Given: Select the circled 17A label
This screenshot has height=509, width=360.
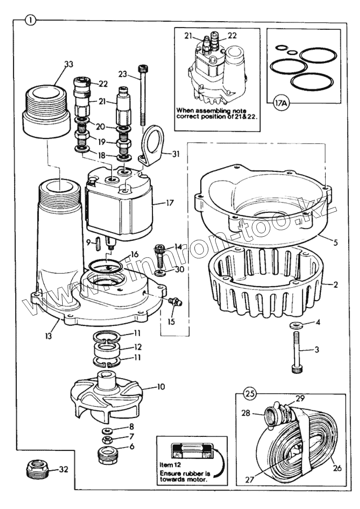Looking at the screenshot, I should tap(281, 104).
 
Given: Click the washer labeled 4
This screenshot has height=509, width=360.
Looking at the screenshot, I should tap(296, 325).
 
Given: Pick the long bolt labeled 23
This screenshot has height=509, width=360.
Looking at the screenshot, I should tap(143, 95).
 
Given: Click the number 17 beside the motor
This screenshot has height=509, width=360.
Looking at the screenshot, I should tap(170, 203).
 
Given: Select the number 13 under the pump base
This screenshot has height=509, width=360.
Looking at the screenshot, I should tap(48, 335).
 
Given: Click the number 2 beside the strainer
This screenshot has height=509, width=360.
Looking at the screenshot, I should tap(335, 284).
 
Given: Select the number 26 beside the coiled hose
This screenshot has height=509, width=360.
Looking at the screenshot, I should tap(337, 468).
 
